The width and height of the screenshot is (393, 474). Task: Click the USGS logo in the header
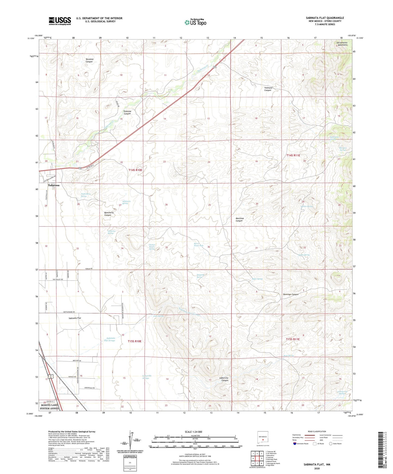(60, 21)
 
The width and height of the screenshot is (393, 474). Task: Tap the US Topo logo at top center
(195, 22)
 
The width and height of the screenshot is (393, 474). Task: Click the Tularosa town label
(54, 185)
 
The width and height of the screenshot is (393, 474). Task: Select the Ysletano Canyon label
(268, 89)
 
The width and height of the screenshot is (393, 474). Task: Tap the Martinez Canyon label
(239, 219)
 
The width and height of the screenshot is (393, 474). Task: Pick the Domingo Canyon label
(291, 294)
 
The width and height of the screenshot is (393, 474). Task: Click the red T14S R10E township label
(135, 170)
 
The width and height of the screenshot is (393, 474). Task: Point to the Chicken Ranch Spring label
(152, 247)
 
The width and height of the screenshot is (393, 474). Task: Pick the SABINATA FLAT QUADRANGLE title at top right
(325, 18)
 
